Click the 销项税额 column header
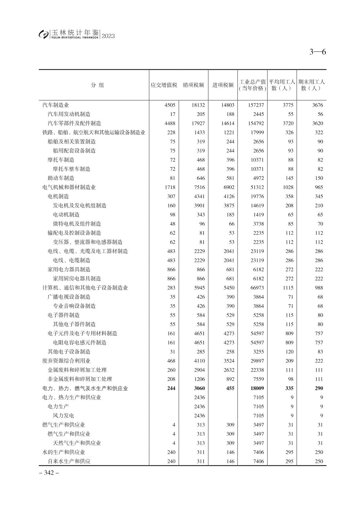(x=194, y=85)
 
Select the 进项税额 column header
(x=223, y=85)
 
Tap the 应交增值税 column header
(x=164, y=85)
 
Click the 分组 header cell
(x=97, y=85)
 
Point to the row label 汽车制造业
(x=55, y=105)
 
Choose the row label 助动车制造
(x=61, y=178)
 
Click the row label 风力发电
(x=63, y=416)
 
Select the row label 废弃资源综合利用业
(x=66, y=361)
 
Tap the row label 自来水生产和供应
(x=69, y=461)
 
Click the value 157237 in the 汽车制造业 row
(x=256, y=105)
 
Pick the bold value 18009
(x=257, y=388)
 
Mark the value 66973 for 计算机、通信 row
(x=257, y=288)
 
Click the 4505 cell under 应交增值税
(x=170, y=105)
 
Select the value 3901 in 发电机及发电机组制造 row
(x=199, y=205)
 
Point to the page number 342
(x=49, y=473)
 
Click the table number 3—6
(x=318, y=52)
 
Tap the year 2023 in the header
(x=108, y=36)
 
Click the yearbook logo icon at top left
(x=43, y=34)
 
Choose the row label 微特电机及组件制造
(x=77, y=224)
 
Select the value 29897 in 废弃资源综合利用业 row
(x=257, y=361)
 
